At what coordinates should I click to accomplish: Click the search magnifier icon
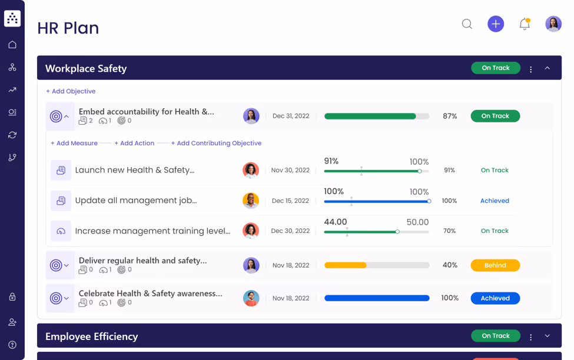(467, 24)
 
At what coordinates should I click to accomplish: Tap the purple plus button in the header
(496, 24)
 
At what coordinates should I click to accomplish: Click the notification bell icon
(525, 24)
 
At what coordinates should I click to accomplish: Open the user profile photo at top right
(553, 24)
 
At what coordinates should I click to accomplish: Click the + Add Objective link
(71, 91)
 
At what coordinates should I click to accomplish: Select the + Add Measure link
(74, 143)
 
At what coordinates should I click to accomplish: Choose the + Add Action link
(134, 143)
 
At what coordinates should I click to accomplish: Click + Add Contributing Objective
(216, 143)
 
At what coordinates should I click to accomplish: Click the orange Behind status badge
(495, 265)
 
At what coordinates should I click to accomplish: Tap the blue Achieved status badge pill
(495, 298)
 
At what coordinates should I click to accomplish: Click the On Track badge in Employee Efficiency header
(495, 336)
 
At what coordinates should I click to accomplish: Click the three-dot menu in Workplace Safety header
(531, 69)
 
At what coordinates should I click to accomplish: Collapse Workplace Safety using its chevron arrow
(548, 68)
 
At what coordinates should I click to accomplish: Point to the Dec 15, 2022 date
(290, 201)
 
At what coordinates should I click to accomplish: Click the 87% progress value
(450, 116)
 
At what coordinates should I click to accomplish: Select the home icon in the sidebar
(12, 45)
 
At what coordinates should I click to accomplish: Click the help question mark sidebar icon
(12, 345)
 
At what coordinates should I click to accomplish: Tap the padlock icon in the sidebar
(12, 297)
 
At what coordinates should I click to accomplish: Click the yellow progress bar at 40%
(346, 265)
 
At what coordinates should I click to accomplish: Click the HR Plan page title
(68, 28)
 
